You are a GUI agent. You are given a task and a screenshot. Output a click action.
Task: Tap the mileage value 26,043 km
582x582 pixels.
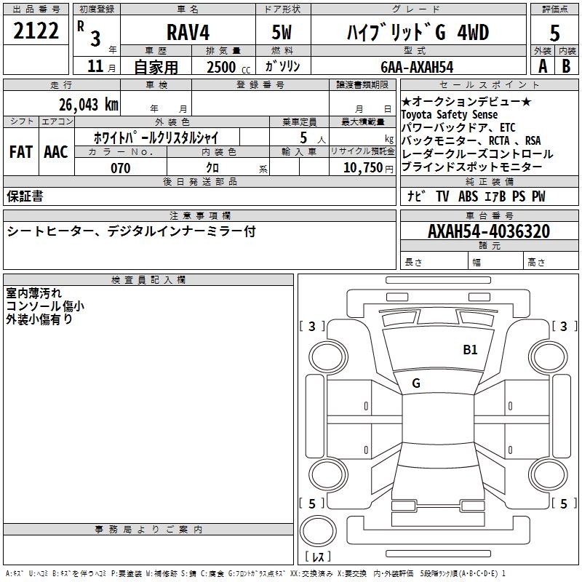[x=89, y=104]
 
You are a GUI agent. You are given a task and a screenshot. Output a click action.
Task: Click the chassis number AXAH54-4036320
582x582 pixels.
[x=489, y=231]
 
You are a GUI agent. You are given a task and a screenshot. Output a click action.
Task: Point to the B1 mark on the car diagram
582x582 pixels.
[x=471, y=350]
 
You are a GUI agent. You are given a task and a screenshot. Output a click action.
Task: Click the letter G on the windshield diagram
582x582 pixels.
[x=416, y=383]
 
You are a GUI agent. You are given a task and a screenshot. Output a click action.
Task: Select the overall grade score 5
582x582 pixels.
[x=554, y=33]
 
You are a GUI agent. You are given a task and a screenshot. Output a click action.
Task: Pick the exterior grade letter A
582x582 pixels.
[x=542, y=65]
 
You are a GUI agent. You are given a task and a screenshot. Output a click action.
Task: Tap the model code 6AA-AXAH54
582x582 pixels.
[x=416, y=67]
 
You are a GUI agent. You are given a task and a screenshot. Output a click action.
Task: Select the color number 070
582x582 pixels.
[x=120, y=168]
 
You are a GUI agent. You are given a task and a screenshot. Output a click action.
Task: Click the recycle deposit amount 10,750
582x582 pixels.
[x=362, y=168]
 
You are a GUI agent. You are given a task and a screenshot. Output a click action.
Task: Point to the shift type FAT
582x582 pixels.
[x=20, y=152]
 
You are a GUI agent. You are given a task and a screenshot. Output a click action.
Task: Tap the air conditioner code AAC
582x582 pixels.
[x=56, y=152]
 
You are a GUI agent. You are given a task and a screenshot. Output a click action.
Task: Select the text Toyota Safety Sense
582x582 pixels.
[x=450, y=115]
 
